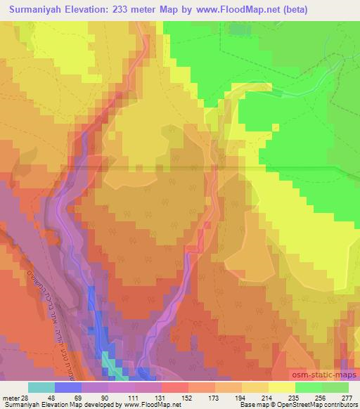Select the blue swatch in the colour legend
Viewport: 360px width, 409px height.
coord(68,388)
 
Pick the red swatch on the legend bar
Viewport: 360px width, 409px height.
coord(175,388)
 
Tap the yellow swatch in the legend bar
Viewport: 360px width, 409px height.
coord(282,388)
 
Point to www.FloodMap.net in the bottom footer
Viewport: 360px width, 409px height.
coord(153,404)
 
